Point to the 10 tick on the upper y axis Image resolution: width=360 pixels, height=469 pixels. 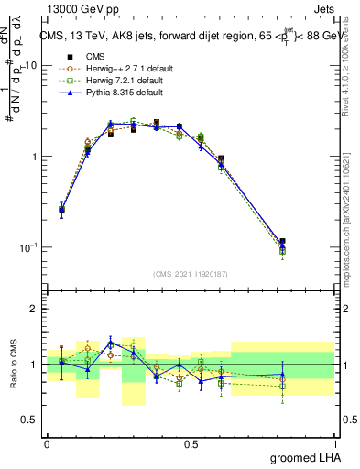(31, 66)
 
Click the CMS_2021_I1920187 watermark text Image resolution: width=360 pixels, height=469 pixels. (191, 273)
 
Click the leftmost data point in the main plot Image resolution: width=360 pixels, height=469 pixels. (61, 210)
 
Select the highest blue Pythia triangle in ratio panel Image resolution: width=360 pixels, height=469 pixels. (111, 343)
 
